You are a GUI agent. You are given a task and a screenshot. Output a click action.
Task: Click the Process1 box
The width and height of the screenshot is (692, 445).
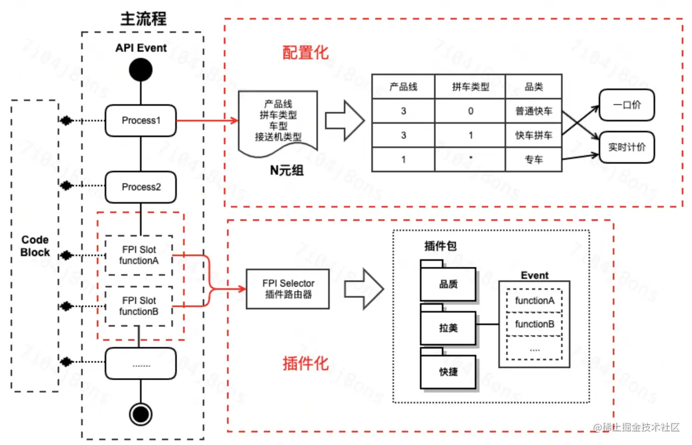pyautogui.click(x=141, y=120)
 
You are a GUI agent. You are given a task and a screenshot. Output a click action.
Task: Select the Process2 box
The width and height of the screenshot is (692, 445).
pyautogui.click(x=141, y=187)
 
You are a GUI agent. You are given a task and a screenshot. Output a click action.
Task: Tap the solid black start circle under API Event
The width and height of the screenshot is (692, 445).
pyautogui.click(x=141, y=70)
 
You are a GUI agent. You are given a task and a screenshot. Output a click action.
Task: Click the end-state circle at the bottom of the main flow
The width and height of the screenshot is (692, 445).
pyautogui.click(x=141, y=414)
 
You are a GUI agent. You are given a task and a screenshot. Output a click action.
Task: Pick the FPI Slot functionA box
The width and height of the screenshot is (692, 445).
pyautogui.click(x=139, y=255)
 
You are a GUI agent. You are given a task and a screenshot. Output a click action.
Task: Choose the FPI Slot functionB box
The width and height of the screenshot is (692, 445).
pyautogui.click(x=139, y=306)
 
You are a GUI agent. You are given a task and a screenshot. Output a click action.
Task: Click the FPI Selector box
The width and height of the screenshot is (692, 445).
pyautogui.click(x=288, y=289)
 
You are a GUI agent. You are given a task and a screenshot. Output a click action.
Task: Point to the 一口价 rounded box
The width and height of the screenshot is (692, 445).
pyautogui.click(x=627, y=105)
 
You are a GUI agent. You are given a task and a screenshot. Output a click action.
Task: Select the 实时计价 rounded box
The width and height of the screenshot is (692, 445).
pyautogui.click(x=627, y=147)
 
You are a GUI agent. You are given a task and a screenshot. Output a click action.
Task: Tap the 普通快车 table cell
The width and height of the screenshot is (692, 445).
pyautogui.click(x=534, y=111)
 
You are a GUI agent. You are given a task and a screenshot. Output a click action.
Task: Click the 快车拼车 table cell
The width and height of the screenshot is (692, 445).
pyautogui.click(x=534, y=135)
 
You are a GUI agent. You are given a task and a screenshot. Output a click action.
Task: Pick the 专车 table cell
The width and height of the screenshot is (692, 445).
pyautogui.click(x=534, y=159)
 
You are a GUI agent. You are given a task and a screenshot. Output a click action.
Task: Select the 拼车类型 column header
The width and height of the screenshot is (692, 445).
pyautogui.click(x=470, y=87)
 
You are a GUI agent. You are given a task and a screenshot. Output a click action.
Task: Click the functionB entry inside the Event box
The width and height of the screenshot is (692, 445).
pyautogui.click(x=535, y=324)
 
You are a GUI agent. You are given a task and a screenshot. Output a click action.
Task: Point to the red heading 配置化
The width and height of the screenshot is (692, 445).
pyautogui.click(x=305, y=52)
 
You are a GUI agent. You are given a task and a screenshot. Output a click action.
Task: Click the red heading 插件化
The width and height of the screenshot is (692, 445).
pyautogui.click(x=305, y=363)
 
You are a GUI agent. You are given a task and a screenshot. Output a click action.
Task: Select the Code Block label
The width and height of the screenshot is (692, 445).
pyautogui.click(x=35, y=246)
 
